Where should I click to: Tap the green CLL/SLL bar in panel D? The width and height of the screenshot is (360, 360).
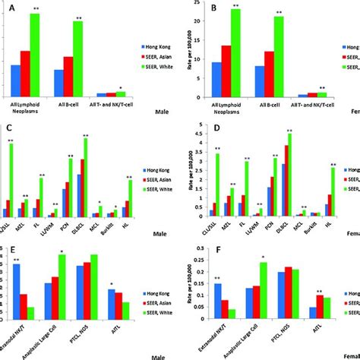[218, 186]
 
